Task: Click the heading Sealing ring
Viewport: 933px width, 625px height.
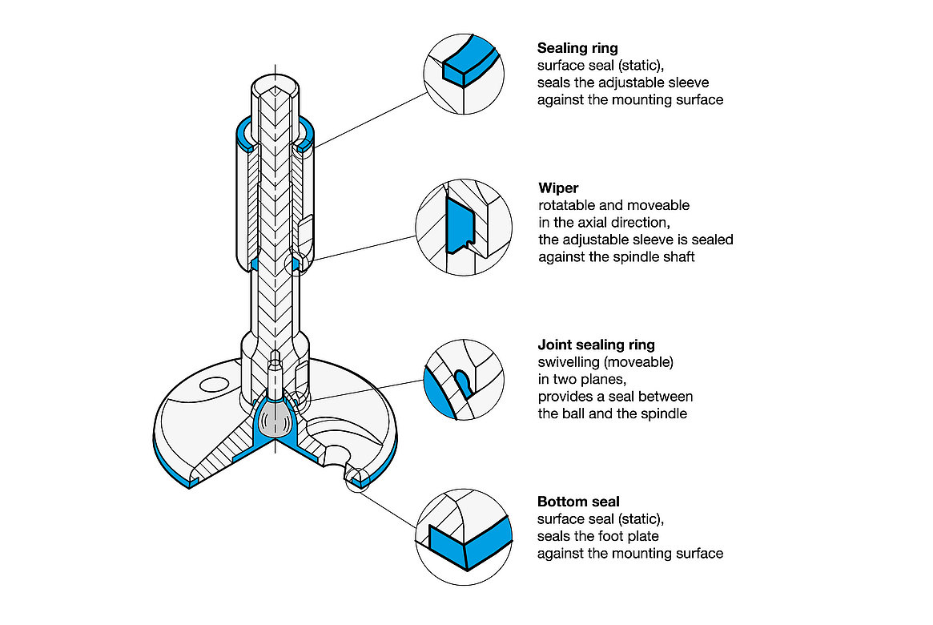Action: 577,48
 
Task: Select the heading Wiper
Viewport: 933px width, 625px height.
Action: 558,188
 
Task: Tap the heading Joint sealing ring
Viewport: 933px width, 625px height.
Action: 596,345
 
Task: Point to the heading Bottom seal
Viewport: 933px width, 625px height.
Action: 578,502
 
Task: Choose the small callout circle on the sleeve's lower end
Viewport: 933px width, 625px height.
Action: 296,263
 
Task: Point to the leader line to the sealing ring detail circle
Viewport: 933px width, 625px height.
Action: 368,120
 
